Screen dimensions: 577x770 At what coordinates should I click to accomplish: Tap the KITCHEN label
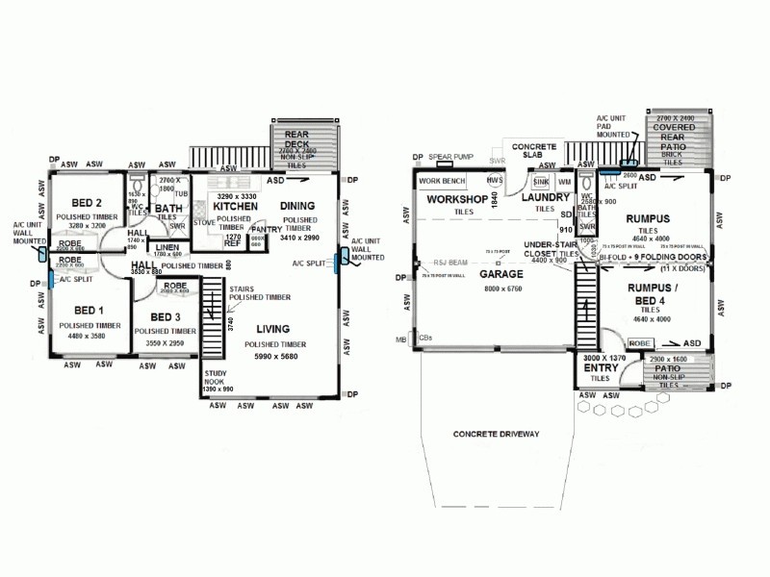click(234, 207)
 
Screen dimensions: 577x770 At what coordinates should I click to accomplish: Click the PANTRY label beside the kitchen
click(265, 229)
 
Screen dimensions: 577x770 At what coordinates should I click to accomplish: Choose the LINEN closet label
click(167, 247)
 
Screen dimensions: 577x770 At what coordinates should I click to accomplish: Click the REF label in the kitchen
click(232, 243)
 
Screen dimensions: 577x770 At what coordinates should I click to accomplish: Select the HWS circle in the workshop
click(494, 181)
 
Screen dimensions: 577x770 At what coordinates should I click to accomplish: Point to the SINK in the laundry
click(541, 181)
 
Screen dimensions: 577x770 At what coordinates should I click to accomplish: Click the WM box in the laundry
click(564, 181)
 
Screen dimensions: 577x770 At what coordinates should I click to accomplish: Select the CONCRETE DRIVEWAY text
click(494, 435)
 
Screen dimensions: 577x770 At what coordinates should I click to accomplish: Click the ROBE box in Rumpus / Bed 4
click(639, 342)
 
